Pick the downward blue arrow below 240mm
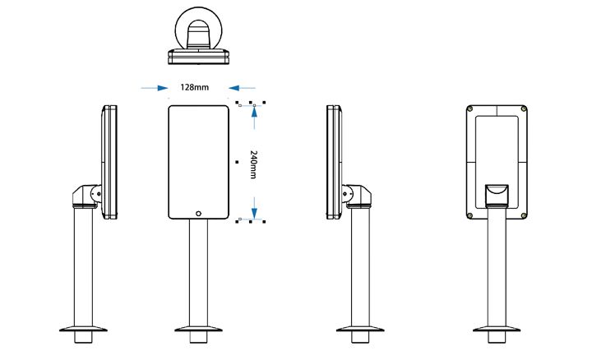point(256,207)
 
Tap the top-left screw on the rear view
point(469,109)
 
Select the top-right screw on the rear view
point(523,109)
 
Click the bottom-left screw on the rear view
point(469,215)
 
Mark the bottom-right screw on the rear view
point(523,215)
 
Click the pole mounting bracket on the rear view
point(496,194)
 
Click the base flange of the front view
point(198,332)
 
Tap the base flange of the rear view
point(496,332)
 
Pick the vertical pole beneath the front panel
point(198,271)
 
